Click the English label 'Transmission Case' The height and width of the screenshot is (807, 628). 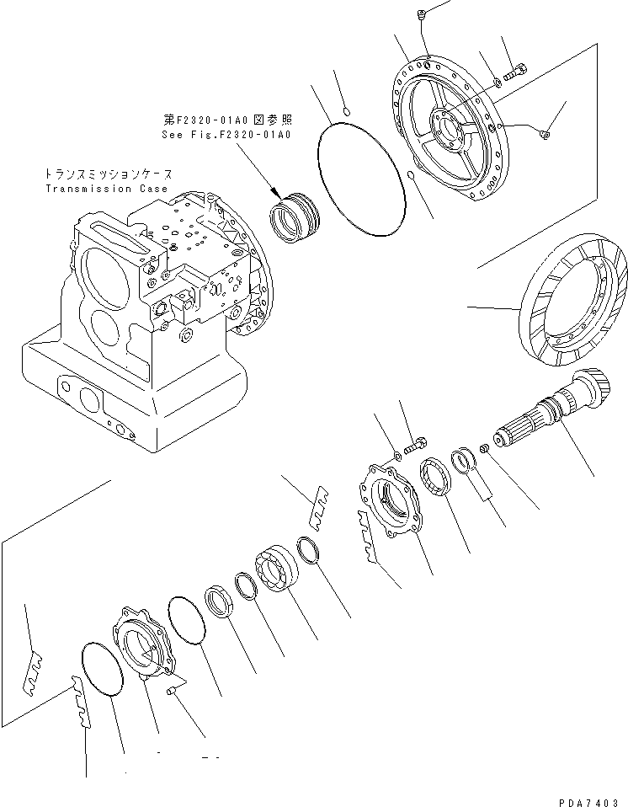pyautogui.click(x=106, y=189)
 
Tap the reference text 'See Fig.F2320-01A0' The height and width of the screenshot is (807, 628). pyautogui.click(x=226, y=134)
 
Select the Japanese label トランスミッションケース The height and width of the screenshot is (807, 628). pyautogui.click(x=104, y=174)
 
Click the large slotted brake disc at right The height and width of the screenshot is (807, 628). pyautogui.click(x=575, y=309)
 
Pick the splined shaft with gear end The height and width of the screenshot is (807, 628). pyautogui.click(x=554, y=412)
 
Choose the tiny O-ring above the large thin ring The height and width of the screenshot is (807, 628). pyautogui.click(x=349, y=109)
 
